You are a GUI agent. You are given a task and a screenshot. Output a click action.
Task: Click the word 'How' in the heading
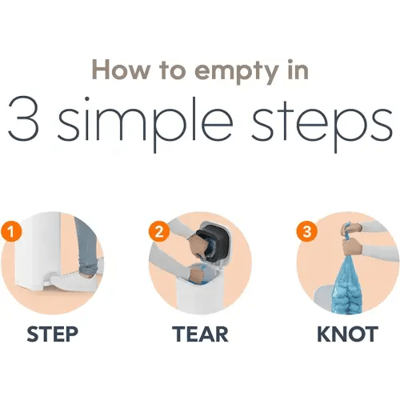(121, 70)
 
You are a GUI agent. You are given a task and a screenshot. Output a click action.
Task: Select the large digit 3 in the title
(23, 118)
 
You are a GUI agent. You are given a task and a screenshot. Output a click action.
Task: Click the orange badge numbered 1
(11, 232)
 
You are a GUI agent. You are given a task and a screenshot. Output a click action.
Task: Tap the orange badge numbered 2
(159, 231)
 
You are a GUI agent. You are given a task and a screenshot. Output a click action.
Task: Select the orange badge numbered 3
(306, 231)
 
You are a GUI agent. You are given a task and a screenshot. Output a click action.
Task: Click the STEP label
(53, 334)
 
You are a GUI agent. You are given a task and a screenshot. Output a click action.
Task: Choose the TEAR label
(200, 334)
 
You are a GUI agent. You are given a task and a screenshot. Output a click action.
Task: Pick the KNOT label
(347, 334)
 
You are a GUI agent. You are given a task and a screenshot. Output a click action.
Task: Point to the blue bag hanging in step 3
(347, 286)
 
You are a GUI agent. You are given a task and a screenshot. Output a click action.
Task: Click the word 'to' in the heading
(172, 70)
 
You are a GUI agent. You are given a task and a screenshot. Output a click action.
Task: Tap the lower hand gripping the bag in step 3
(352, 247)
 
